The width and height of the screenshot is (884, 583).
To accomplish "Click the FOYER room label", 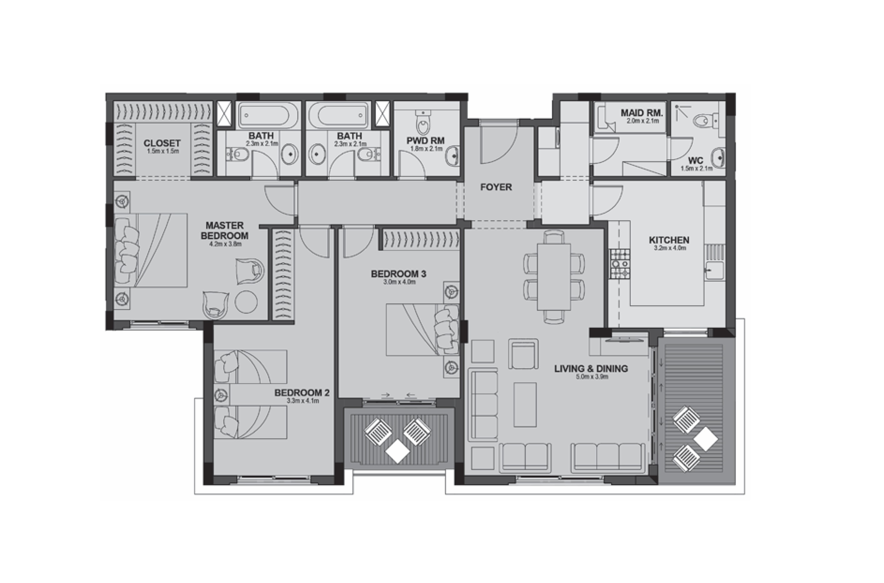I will tap(496, 187).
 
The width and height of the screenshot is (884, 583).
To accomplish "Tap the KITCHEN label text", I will tap(669, 240).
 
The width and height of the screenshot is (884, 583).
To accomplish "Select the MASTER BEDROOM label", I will tap(224, 231).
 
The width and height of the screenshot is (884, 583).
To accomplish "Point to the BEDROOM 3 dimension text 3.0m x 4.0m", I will tap(399, 282).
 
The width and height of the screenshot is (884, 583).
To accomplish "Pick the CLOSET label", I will tap(162, 143).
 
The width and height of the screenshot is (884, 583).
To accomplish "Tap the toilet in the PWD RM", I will tap(423, 123).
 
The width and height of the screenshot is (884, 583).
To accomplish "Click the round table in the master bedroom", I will tap(246, 302).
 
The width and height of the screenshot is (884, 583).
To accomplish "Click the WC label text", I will tap(695, 161).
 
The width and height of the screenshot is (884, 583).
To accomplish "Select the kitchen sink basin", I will tap(714, 270).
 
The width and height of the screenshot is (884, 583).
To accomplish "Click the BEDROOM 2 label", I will tap(302, 393).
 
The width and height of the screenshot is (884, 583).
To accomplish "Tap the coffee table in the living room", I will tap(525, 404).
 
